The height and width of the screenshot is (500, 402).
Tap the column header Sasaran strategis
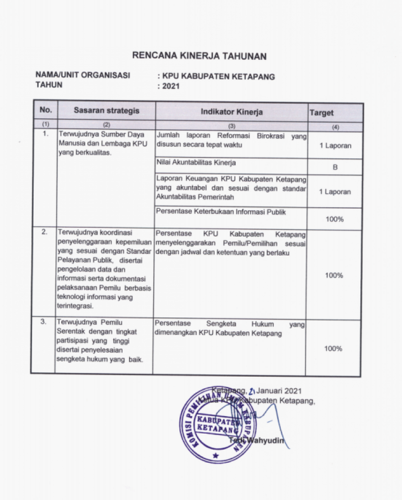[107, 111]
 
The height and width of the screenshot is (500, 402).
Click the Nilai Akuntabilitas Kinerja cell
[196, 163]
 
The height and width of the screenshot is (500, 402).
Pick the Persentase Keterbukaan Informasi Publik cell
[221, 212]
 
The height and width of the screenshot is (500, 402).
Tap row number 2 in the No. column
[44, 232]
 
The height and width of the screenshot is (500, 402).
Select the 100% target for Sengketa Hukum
[334, 349]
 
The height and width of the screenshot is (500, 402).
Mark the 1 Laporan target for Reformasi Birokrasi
[335, 146]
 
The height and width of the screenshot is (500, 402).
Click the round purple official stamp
[216, 426]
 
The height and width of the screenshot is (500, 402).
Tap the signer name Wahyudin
[265, 441]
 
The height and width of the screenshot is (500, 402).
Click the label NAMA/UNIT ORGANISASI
[82, 75]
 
